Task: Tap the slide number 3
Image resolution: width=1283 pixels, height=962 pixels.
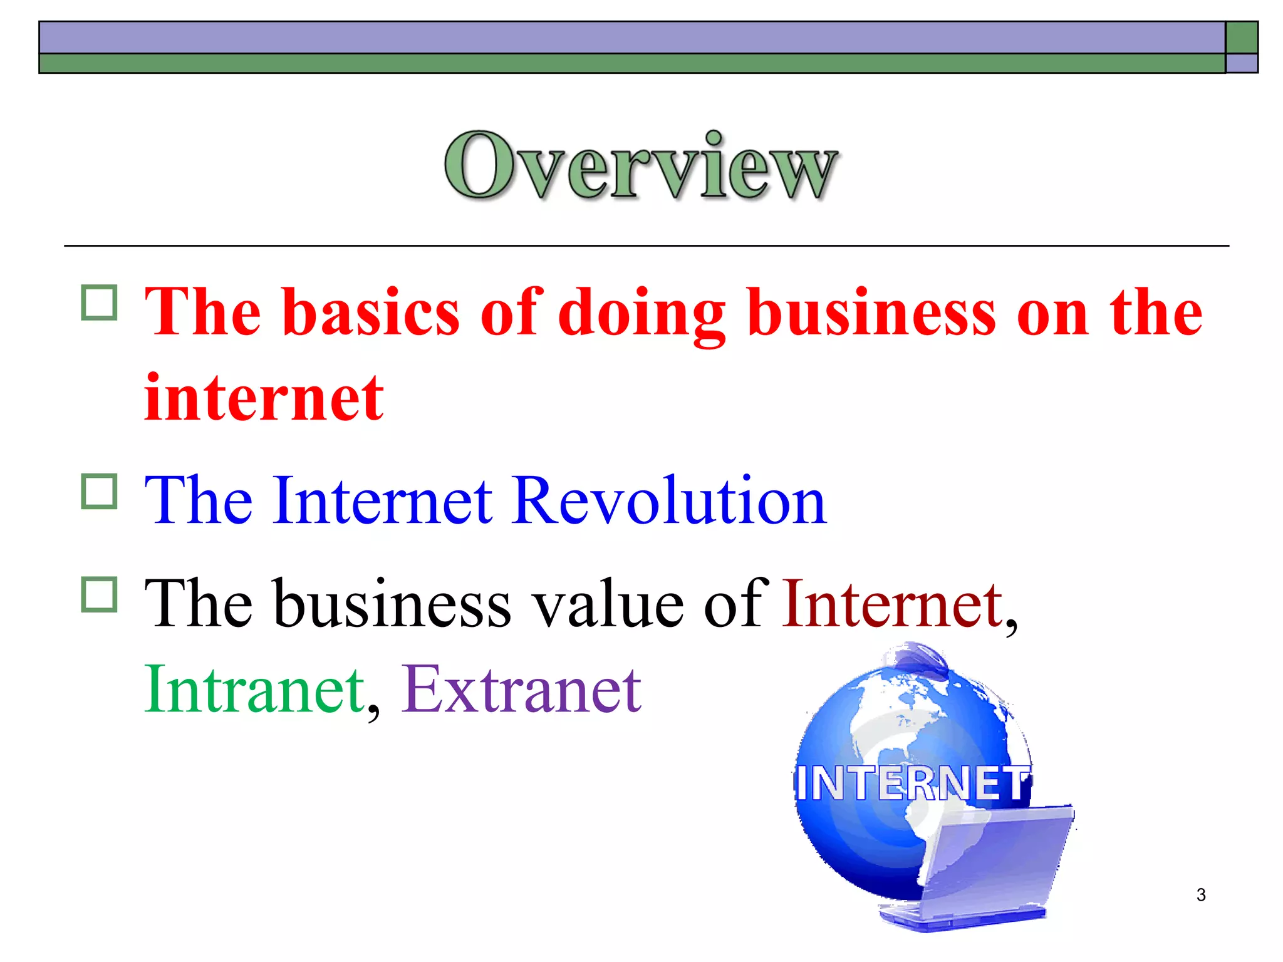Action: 1200,895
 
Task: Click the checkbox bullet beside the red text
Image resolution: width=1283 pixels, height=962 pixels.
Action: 99,303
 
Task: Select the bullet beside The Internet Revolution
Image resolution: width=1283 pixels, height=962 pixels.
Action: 99,491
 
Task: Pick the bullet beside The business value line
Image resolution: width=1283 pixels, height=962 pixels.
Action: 99,594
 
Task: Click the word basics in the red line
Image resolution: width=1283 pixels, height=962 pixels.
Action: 371,312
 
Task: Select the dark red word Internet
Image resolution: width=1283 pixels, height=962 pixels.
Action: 892,604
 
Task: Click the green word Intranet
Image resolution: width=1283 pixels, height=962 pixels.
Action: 254,689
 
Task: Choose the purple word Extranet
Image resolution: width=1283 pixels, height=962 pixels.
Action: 521,689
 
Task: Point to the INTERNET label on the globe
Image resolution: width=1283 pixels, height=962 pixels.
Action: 912,783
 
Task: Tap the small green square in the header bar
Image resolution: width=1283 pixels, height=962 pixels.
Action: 1242,38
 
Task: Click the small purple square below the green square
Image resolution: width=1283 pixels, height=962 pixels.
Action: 1242,63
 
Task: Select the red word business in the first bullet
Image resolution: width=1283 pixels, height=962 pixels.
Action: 871,312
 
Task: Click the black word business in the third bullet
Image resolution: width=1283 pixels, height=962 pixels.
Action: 392,604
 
